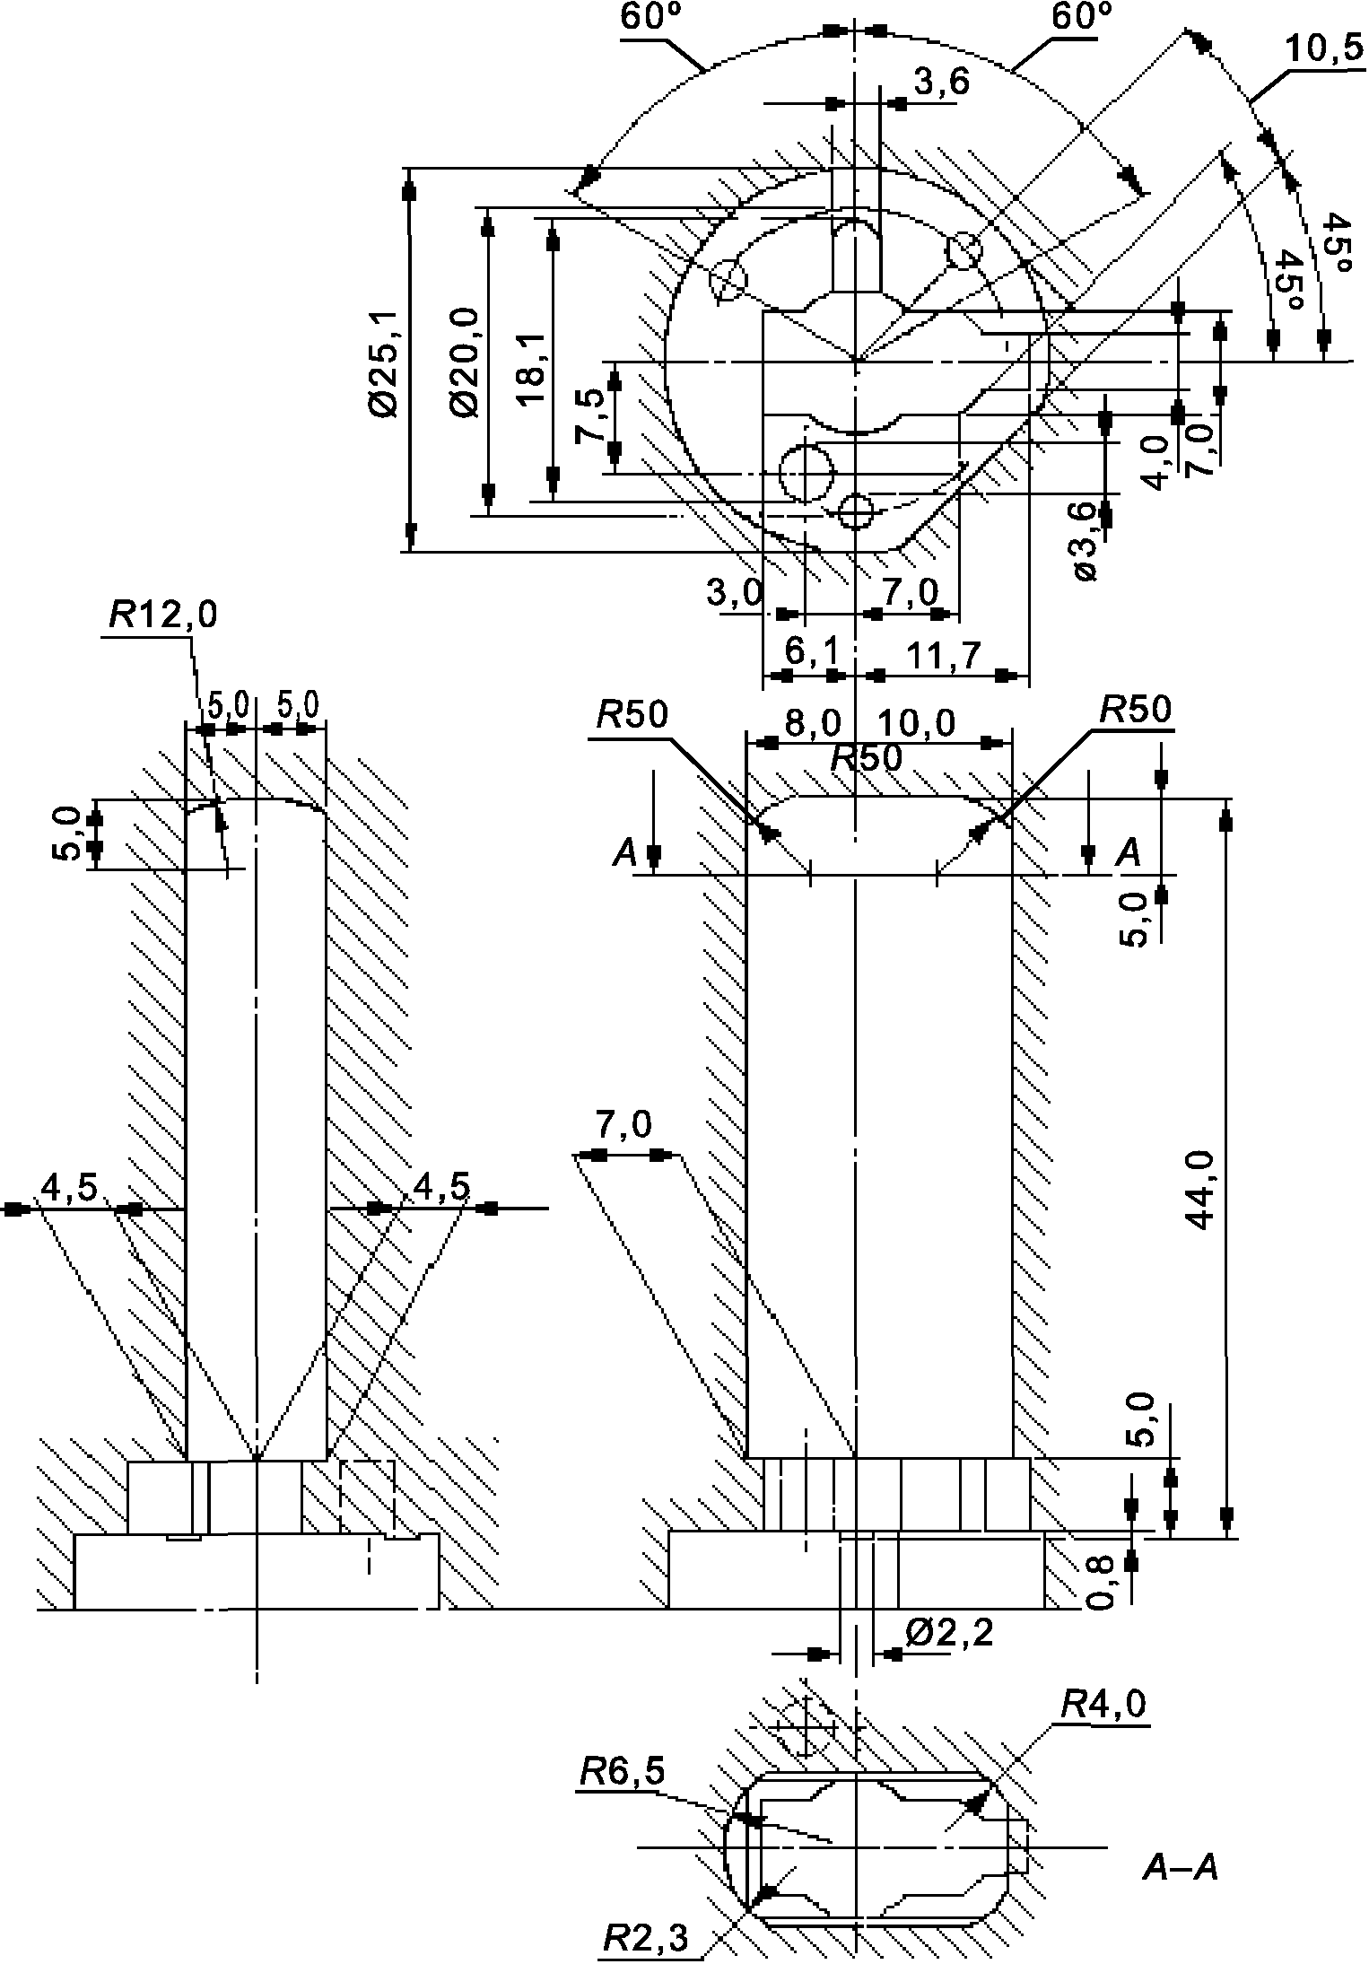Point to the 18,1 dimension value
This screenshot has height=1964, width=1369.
[x=533, y=367]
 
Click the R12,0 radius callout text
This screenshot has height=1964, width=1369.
[x=162, y=615]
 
